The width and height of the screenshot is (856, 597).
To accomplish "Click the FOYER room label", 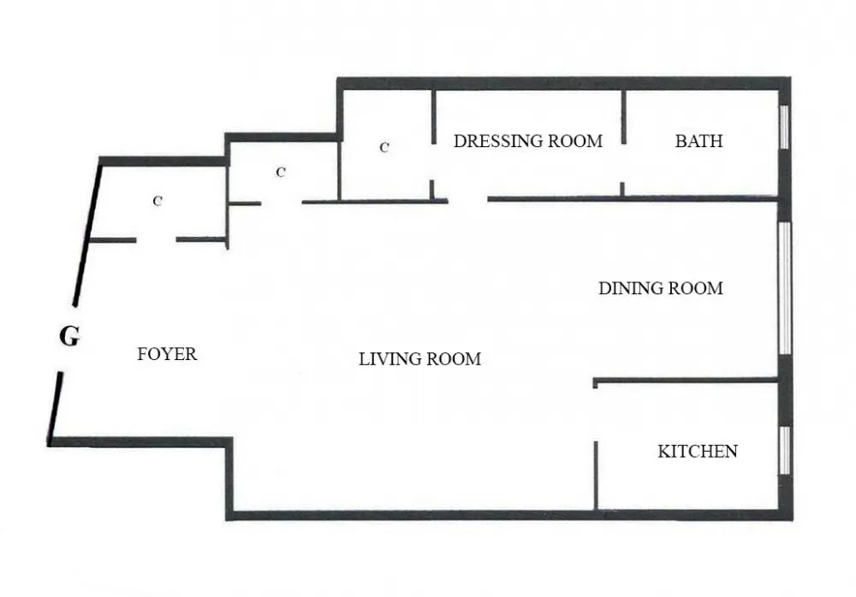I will [x=167, y=353].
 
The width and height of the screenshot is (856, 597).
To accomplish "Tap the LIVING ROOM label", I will [x=419, y=359].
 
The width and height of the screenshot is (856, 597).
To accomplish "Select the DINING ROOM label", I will [x=660, y=288].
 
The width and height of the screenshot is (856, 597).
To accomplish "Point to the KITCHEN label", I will [x=697, y=451].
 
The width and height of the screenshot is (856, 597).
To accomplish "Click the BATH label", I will [x=698, y=141].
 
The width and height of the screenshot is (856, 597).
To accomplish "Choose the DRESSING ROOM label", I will [x=527, y=141].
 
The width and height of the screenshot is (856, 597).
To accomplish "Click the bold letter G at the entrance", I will [x=69, y=337].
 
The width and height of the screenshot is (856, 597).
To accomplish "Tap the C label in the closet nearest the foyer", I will [x=158, y=202].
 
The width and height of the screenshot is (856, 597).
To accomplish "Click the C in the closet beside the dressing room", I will [x=384, y=147].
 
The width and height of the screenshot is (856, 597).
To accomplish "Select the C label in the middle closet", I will [x=280, y=172].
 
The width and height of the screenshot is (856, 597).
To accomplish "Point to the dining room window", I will [x=784, y=288].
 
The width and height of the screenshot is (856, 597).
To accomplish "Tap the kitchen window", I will [x=783, y=450].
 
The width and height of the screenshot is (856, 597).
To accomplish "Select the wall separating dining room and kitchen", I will [x=685, y=381].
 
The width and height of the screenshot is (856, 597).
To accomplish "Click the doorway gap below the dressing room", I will [x=467, y=200].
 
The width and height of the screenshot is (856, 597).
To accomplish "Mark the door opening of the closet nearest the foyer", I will [x=156, y=240].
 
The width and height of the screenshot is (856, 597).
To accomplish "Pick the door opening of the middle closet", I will [x=282, y=203].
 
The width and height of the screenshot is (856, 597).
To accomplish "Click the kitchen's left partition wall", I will [x=595, y=475].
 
